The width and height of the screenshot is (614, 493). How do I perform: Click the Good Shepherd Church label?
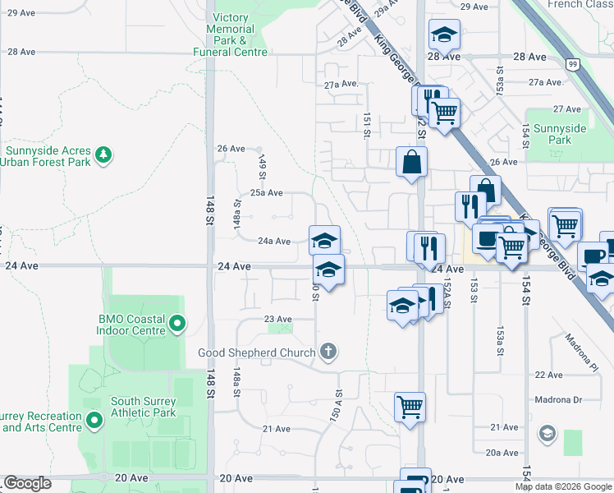(256, 353)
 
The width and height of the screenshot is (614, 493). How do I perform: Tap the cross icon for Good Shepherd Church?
(328, 353)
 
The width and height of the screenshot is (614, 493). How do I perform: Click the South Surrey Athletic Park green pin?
(94, 422)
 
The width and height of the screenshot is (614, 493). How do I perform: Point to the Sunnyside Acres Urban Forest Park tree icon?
(103, 154)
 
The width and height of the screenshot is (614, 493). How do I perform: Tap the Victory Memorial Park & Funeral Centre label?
(230, 35)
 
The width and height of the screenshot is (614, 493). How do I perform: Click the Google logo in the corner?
(27, 483)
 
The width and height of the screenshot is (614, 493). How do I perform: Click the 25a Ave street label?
(267, 193)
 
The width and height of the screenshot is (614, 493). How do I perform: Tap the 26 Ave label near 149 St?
(231, 149)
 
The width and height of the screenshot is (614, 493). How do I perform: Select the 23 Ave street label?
(277, 319)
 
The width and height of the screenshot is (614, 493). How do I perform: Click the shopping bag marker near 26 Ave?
(411, 161)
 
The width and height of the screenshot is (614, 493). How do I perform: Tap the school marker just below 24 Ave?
(328, 270)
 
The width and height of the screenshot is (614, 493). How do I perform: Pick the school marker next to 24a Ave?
(324, 241)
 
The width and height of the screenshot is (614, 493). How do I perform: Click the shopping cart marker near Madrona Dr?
(410, 406)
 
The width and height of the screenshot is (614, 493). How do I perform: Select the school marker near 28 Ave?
(443, 35)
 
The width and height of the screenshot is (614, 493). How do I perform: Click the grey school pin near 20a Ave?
(548, 433)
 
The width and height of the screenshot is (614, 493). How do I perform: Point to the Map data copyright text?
(564, 486)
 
